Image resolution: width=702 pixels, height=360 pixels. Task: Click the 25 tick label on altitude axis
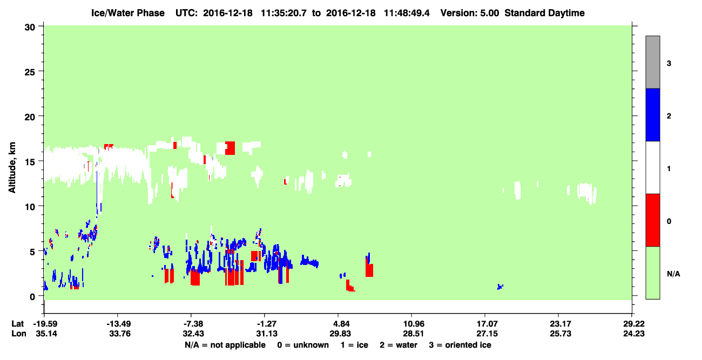pos(30,72)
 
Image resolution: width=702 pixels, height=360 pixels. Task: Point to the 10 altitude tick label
pos(30,207)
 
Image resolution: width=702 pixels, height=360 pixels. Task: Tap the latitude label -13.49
pos(118,324)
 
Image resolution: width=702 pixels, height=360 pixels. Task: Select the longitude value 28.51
pos(413,334)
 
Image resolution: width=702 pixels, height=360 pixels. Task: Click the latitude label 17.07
pos(487,324)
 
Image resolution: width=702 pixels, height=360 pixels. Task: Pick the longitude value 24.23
pos(633,334)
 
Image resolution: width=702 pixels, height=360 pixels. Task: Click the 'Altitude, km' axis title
pos(12,168)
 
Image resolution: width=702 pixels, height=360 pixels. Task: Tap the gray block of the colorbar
pos(652,62)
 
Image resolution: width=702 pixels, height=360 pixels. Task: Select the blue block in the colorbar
pos(652,114)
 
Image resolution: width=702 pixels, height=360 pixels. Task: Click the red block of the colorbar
pos(652,220)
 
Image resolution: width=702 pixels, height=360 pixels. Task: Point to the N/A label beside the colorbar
pos(673,274)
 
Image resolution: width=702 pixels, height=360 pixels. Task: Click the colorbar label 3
pos(669,63)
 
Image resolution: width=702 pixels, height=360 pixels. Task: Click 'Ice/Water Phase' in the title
pos(128,13)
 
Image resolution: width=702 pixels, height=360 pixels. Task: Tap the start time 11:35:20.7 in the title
pos(283,13)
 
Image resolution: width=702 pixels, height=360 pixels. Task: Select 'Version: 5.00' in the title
pos(469,13)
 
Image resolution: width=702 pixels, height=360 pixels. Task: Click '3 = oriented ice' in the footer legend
pos(460,345)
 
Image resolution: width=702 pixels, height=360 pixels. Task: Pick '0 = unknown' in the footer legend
pos(303,345)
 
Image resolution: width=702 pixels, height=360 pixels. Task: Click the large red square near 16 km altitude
pos(230,148)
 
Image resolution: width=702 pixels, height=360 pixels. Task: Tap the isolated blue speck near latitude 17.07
pos(500,287)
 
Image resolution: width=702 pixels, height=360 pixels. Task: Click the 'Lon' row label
pos(19,334)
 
